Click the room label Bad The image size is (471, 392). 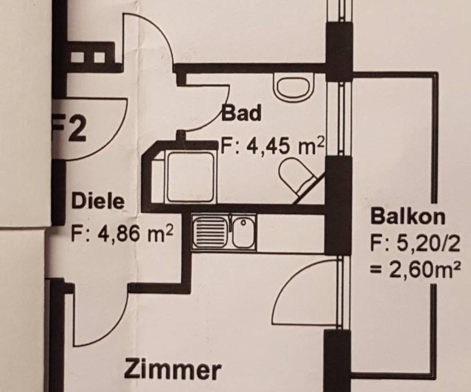pyautogui.click(x=241, y=113)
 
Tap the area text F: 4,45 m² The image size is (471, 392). pyautogui.click(x=273, y=145)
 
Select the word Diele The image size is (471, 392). pyautogui.click(x=98, y=201)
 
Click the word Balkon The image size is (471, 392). pyautogui.click(x=408, y=216)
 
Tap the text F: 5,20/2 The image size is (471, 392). pyautogui.click(x=414, y=244)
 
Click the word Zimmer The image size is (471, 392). pyautogui.click(x=172, y=370)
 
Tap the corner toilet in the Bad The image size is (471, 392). pyautogui.click(x=298, y=177)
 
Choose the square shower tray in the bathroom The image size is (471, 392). pyautogui.click(x=190, y=176)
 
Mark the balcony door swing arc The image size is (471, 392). pyautogui.click(x=288, y=280)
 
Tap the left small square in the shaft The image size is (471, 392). pyautogui.click(x=77, y=57)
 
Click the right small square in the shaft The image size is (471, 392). pyautogui.click(x=99, y=57)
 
